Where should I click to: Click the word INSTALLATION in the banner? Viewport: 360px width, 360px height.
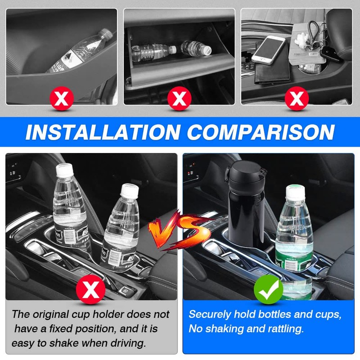pyautogui.click(x=103, y=132)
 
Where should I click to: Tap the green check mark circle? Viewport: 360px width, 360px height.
pyautogui.click(x=268, y=292)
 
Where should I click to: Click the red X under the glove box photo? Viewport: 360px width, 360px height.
pyautogui.click(x=179, y=98)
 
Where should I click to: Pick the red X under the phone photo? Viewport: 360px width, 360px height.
pyautogui.click(x=296, y=98)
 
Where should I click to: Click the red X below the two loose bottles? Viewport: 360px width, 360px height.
pyautogui.click(x=91, y=290)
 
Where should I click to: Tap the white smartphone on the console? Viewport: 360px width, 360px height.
pyautogui.click(x=268, y=49)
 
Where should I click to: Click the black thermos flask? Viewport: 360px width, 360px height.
pyautogui.click(x=243, y=216)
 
